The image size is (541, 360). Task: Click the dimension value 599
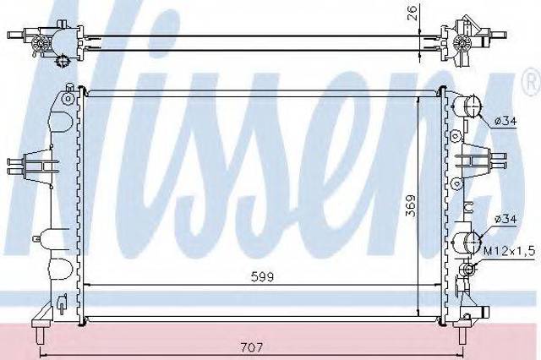(x=262, y=276)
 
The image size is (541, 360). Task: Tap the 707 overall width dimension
(x=252, y=346)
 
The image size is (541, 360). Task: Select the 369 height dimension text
(x=411, y=206)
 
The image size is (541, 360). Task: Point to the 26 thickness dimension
(x=413, y=13)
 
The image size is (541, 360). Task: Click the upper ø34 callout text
(x=505, y=121)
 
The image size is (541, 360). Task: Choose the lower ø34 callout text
(x=505, y=219)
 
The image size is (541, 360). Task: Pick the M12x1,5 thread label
(x=509, y=251)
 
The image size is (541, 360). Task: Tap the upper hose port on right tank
(x=467, y=106)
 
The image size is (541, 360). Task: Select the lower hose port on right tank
(x=467, y=243)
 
